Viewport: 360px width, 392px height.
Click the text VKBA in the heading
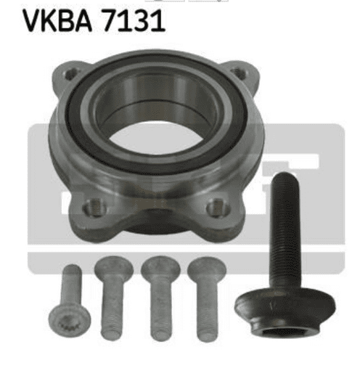pos(57,20)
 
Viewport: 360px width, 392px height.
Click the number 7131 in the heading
pos(134,20)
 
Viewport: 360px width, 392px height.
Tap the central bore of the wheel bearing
pos(155,139)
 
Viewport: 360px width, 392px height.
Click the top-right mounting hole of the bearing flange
pos(238,73)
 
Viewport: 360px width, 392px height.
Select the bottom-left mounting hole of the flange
pos(95,208)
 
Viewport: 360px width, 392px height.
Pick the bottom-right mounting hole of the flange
pos(218,207)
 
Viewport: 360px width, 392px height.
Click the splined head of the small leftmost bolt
pos(70,322)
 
